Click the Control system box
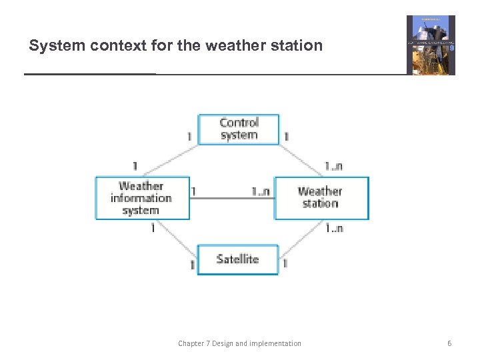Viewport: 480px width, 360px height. pos(239,129)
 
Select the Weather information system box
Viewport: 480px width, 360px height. pos(142,198)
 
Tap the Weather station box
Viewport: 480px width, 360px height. pos(321,198)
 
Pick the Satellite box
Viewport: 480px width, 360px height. pos(237,259)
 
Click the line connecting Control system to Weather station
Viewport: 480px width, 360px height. pos(303,158)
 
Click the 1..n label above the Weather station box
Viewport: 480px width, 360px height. pos(333,166)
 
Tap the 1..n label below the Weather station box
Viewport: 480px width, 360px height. pos(333,228)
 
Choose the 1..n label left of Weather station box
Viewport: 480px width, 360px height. pos(261,191)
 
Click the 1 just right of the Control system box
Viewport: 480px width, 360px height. pos(286,136)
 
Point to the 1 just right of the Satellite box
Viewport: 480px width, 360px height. pos(285,264)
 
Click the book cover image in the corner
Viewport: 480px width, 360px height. pos(431,45)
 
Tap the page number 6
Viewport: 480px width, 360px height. pos(449,343)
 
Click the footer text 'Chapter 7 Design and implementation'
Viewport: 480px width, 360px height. pos(239,343)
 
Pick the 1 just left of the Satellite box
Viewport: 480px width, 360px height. pos(192,265)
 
